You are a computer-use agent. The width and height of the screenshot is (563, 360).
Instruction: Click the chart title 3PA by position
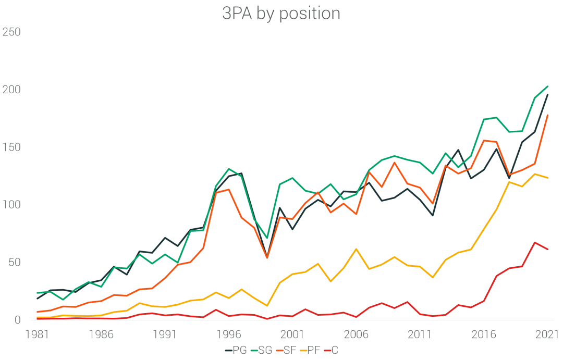[x=281, y=14]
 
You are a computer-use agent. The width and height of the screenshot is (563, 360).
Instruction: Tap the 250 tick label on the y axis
[x=11, y=32]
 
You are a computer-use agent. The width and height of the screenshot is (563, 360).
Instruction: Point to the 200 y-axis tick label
[x=11, y=90]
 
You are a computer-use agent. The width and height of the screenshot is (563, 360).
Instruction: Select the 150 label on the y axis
[x=11, y=147]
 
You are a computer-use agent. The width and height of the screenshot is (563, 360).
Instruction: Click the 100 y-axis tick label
[x=11, y=205]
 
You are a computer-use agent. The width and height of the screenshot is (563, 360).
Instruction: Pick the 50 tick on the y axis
[x=14, y=262]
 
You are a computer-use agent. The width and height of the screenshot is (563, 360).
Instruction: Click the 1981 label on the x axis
[x=38, y=334]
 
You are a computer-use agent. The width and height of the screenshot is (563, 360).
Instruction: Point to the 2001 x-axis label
[x=292, y=334]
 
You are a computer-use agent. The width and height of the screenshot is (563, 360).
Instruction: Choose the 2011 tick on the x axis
[x=420, y=334]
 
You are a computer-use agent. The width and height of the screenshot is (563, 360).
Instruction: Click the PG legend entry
[x=236, y=351]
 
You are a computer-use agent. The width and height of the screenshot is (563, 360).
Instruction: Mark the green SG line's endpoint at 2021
[x=548, y=86]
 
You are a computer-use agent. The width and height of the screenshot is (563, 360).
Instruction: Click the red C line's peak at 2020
[x=535, y=242]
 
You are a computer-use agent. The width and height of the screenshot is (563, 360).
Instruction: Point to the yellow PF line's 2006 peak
[x=357, y=249]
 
